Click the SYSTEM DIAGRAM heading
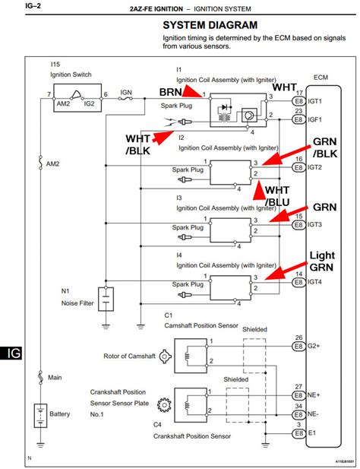point(210,25)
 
